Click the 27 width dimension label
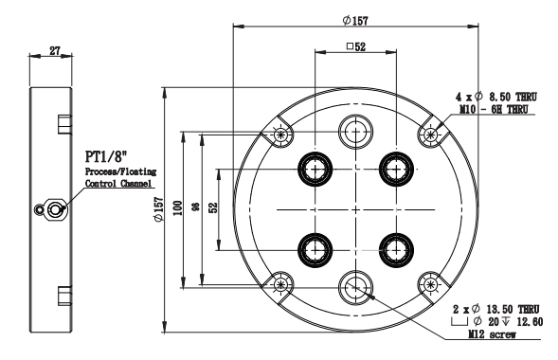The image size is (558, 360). [x=54, y=51]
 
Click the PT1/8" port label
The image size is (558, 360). [x=106, y=156]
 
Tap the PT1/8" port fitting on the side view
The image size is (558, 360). [x=53, y=210]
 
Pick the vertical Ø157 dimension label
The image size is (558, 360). [x=158, y=210]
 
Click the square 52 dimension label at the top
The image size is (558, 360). [x=356, y=46]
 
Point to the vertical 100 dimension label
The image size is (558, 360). [x=177, y=208]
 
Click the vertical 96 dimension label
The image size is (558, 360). [x=196, y=207]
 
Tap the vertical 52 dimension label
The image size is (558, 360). [x=213, y=207]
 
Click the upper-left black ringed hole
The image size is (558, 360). [x=315, y=169]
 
